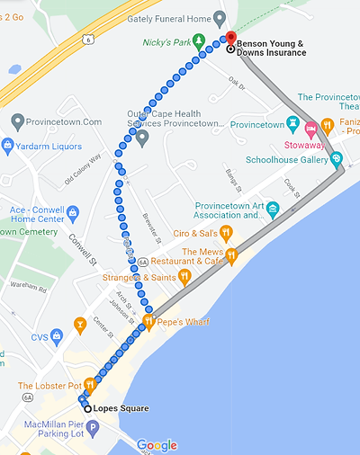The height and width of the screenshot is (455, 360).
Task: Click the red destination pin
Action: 229,39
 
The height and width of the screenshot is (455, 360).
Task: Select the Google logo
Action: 157,444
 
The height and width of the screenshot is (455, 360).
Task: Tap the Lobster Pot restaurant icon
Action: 89,384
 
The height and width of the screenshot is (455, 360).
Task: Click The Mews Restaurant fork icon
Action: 231,255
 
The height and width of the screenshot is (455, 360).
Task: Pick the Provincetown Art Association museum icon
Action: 274,209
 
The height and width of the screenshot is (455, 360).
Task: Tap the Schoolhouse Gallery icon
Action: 337,159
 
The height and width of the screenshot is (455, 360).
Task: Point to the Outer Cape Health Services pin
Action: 142,137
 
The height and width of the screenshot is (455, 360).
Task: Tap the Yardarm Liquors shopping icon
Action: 8,145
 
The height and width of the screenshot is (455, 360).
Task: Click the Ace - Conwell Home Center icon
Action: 73,213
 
